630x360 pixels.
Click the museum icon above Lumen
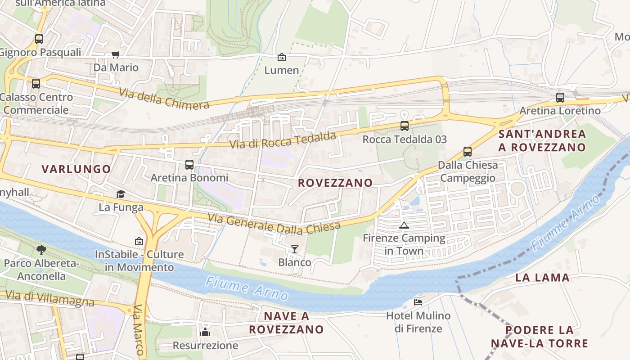point(282,57)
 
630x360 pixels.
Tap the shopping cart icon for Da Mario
point(116,54)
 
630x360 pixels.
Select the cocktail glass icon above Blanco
point(295,249)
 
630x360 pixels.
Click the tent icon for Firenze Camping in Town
point(404,225)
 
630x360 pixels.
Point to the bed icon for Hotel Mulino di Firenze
point(418,302)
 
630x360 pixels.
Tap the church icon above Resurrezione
point(205,333)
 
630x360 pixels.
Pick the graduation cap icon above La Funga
point(121,194)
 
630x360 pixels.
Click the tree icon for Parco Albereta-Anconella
point(41,250)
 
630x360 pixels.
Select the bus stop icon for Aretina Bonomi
point(189,165)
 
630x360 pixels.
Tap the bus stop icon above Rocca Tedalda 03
point(405,126)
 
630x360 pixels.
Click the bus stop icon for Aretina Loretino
point(560,97)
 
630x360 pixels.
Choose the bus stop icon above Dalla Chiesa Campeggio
point(468,152)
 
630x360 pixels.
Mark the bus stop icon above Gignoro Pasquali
point(39,39)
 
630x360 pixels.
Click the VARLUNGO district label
point(76,169)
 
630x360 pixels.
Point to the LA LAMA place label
point(542,278)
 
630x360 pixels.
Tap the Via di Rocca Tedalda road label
point(283,140)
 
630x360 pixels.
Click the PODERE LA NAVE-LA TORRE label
point(539,337)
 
